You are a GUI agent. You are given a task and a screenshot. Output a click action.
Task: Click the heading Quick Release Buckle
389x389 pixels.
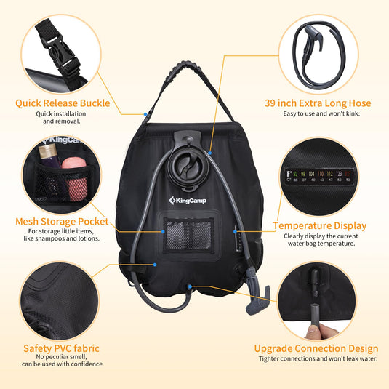(63, 103)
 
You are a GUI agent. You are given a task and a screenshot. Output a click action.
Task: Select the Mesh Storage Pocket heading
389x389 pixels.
(63, 221)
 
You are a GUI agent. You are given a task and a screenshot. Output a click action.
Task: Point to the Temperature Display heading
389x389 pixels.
(319, 226)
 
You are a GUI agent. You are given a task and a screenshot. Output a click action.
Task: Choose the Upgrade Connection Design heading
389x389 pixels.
(316, 348)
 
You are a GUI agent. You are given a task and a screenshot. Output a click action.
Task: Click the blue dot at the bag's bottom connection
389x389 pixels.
(189, 286)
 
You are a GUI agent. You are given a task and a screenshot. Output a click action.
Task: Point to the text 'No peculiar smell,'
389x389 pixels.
(63, 357)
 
